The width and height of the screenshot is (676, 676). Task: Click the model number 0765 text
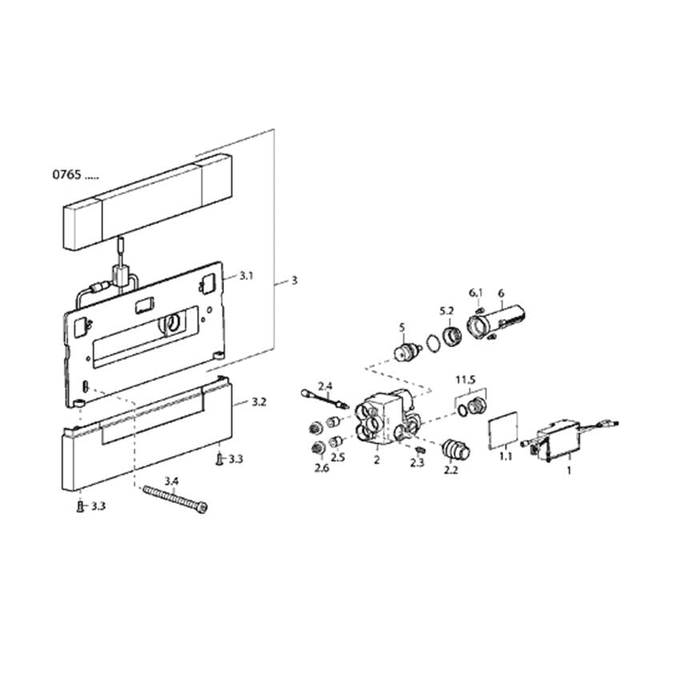(67, 174)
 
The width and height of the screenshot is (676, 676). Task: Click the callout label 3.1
(246, 275)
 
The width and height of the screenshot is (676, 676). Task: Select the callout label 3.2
(258, 402)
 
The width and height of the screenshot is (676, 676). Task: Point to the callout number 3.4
(171, 481)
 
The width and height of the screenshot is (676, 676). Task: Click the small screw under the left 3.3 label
(80, 506)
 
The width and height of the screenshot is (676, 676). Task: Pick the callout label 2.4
(325, 386)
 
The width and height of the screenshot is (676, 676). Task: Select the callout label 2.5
(338, 457)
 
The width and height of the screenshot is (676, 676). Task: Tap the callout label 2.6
(322, 468)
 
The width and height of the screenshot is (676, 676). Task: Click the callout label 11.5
(466, 380)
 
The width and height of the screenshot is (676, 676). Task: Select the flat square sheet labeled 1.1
(503, 430)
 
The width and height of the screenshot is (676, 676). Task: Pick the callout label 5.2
(446, 310)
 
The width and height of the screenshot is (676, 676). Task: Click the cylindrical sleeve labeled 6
(496, 322)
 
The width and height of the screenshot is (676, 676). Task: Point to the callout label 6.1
(476, 293)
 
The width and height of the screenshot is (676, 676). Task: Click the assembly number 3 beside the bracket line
(294, 280)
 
